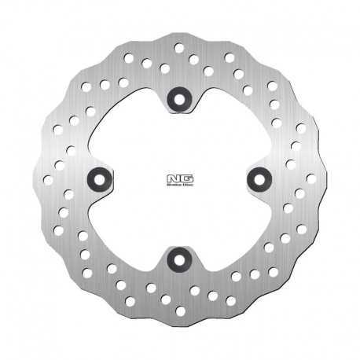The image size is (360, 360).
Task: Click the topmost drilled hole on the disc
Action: point(179,47)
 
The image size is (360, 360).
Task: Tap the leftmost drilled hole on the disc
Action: point(47,179)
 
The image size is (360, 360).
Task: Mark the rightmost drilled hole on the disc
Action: point(311,178)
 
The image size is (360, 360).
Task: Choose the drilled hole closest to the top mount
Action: point(165,69)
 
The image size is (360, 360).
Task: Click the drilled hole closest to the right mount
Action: point(290,164)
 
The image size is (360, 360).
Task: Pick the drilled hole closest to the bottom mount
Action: point(194,290)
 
